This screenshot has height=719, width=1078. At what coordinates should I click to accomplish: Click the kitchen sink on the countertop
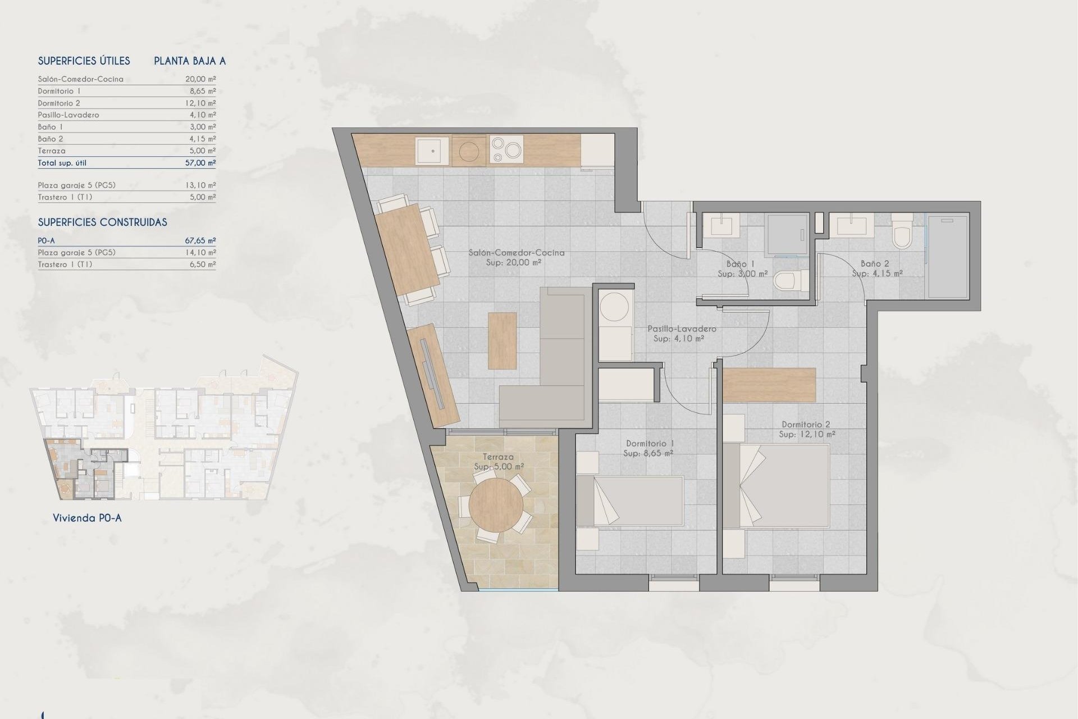[x=432, y=151]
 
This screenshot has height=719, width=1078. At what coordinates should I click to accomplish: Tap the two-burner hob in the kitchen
[x=506, y=150]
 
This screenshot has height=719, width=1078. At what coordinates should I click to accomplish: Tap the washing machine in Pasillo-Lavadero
[x=615, y=308]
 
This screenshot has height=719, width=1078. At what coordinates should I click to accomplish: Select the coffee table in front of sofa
[x=502, y=341]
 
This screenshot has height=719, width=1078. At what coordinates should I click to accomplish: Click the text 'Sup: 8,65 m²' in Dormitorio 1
[x=648, y=453]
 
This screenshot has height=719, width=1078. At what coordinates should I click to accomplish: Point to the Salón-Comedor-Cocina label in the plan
[x=516, y=253]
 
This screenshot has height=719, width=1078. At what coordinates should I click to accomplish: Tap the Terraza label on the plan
[x=498, y=457]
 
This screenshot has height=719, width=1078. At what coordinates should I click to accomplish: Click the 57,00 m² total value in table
[x=200, y=163]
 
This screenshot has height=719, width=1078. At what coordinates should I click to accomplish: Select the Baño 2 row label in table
[x=51, y=139]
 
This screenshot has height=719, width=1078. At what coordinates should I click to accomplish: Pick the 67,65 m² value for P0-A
[x=200, y=240]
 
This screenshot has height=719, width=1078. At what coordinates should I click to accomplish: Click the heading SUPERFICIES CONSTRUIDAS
[x=102, y=222]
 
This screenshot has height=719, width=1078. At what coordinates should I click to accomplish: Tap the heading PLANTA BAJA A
[x=190, y=61]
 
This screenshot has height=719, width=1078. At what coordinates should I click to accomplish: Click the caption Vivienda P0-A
[x=87, y=518]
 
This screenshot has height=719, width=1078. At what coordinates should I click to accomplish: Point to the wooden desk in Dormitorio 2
[x=769, y=385]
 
